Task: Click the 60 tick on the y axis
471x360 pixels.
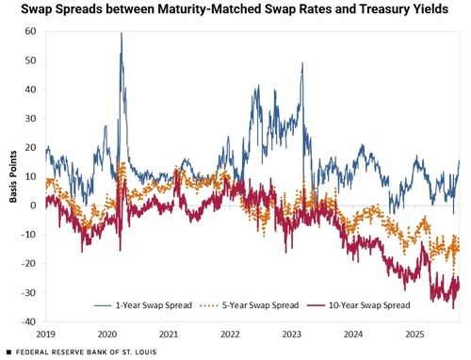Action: click(x=31, y=31)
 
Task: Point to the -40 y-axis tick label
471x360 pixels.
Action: click(x=28, y=321)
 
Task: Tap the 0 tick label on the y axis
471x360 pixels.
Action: click(x=33, y=205)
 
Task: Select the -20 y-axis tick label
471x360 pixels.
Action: click(x=28, y=264)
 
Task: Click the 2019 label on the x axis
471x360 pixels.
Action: click(x=46, y=334)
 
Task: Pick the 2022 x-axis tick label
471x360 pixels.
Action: click(x=230, y=334)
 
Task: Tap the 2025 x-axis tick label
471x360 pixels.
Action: click(x=414, y=334)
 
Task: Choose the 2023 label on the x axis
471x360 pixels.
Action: click(x=292, y=334)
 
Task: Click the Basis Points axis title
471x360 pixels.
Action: click(x=13, y=176)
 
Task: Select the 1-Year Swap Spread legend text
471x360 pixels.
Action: click(x=154, y=305)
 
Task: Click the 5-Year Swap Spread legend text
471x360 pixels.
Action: click(x=260, y=305)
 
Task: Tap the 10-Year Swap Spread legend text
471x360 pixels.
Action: click(x=369, y=305)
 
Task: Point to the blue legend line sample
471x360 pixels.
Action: click(x=103, y=305)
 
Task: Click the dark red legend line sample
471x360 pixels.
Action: click(x=316, y=305)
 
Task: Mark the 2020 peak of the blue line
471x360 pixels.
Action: click(x=122, y=33)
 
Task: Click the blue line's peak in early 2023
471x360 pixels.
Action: click(x=302, y=63)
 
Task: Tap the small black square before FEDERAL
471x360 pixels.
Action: click(x=8, y=352)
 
